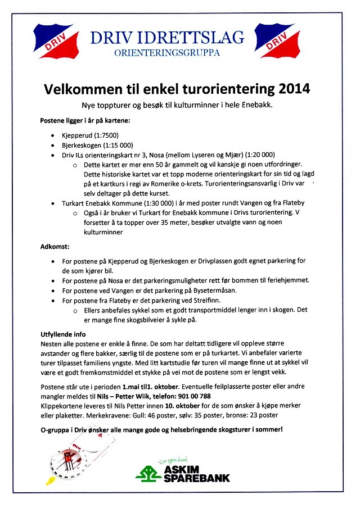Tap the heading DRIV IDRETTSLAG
click(x=168, y=38)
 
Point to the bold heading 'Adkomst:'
click(x=55, y=246)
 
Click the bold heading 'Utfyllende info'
click(x=65, y=333)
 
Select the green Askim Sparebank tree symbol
click(x=148, y=472)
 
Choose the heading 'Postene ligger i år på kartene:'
click(x=85, y=121)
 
